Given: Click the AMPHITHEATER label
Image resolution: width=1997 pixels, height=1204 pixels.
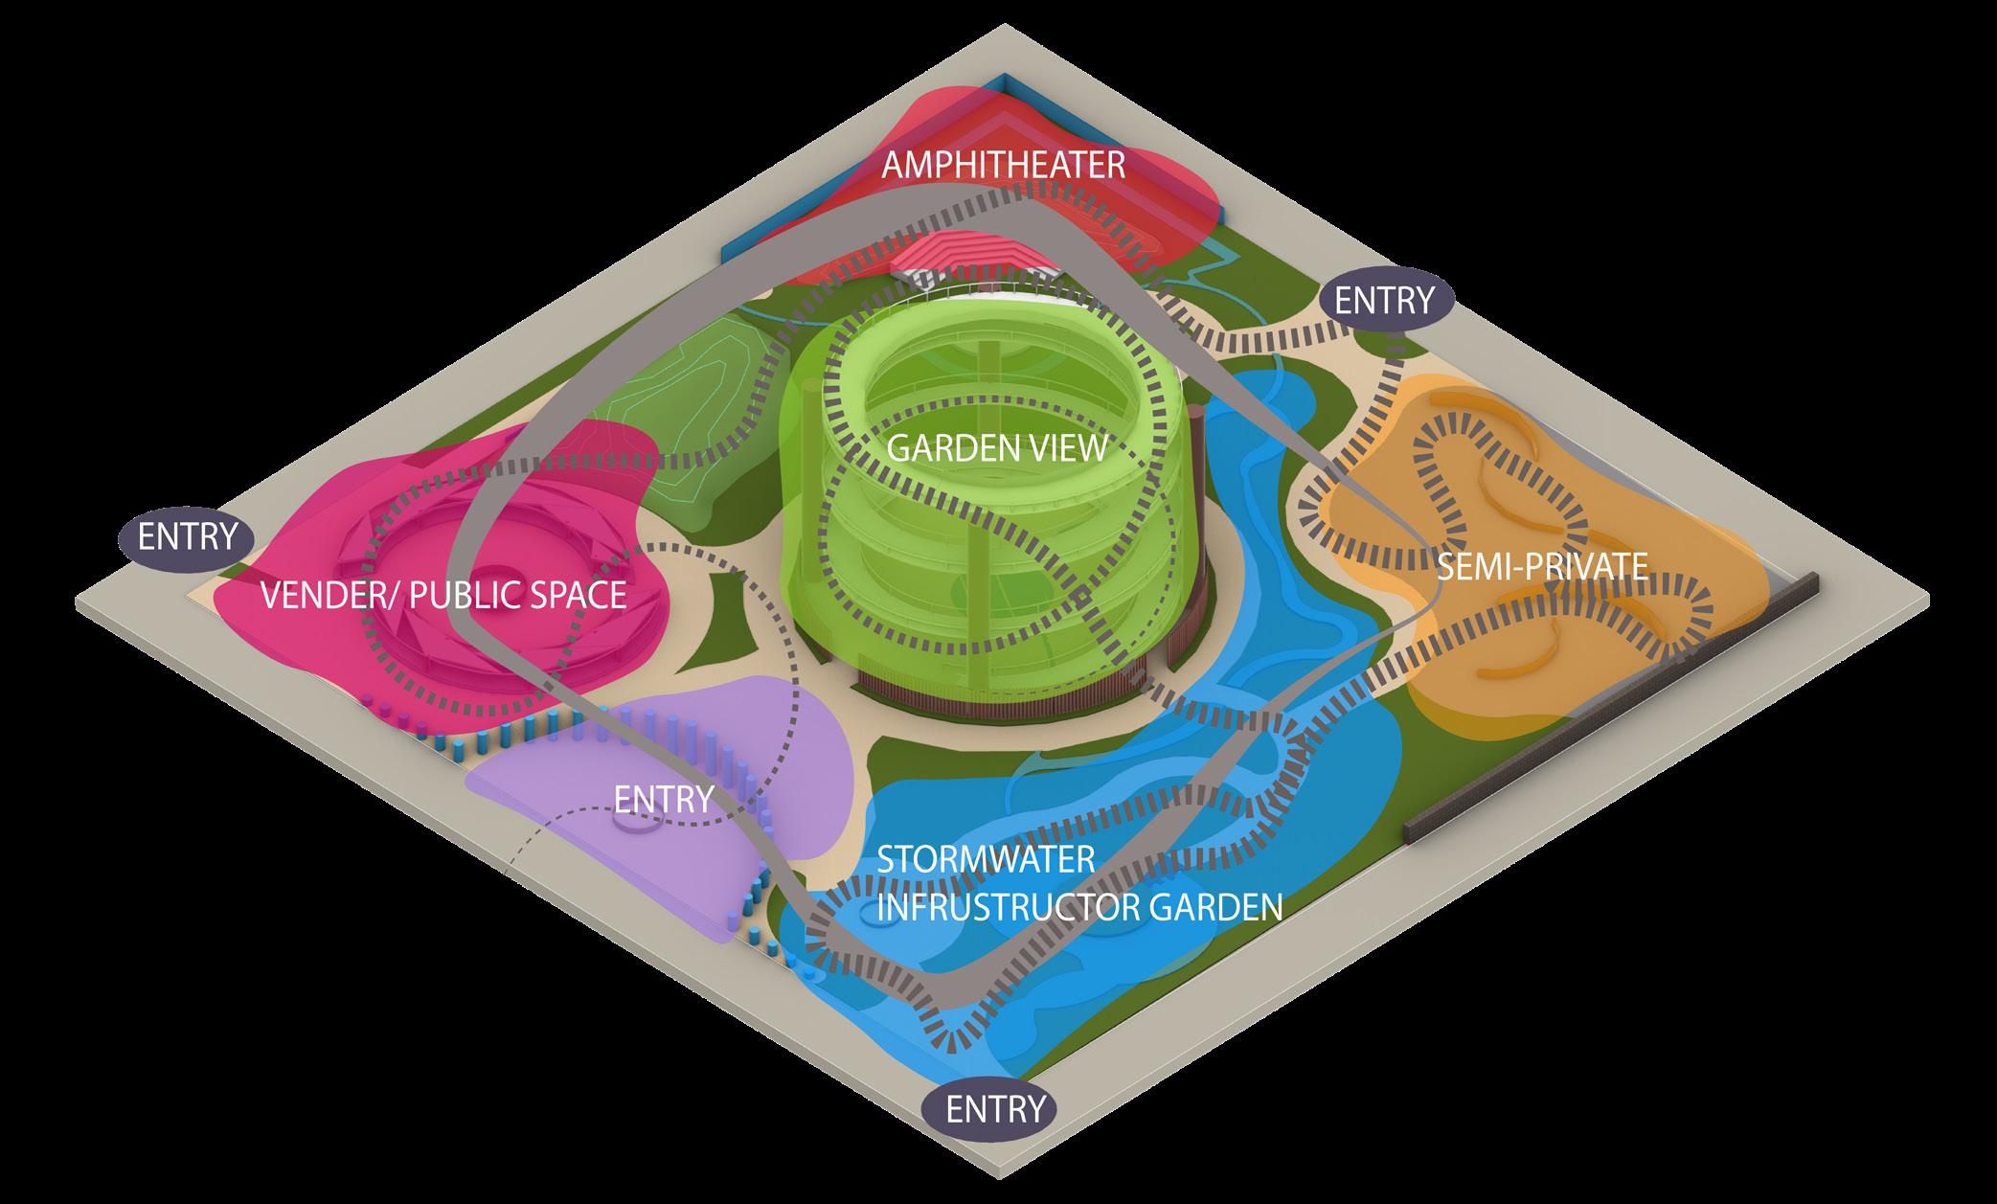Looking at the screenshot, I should tap(1003, 165).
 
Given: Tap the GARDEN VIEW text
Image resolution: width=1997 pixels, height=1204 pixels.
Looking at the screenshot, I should tap(997, 448).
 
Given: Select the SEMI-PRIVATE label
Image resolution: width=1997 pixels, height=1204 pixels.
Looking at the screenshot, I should tap(1542, 566).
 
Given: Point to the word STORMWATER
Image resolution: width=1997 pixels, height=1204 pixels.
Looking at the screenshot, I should tap(986, 858).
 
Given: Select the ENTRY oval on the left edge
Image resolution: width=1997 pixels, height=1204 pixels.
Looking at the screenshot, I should tap(187, 536).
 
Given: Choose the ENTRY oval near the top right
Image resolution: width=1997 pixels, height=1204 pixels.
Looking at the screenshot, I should tap(1384, 301).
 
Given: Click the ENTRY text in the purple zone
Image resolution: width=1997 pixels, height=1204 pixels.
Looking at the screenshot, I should tap(664, 798).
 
